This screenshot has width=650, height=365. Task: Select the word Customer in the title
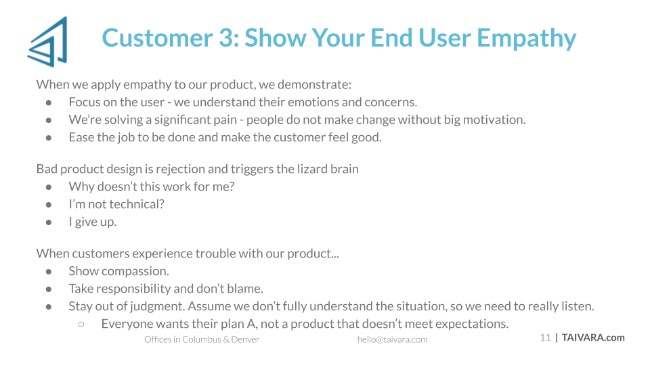[158, 38]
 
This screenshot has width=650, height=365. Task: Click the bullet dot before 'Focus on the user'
[49, 102]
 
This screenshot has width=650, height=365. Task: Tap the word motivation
[493, 120]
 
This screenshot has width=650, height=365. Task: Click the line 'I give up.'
[93, 222]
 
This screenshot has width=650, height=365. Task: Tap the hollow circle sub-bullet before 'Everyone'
[81, 324]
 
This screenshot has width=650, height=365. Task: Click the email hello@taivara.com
[392, 339]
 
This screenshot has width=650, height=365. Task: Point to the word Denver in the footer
[245, 339]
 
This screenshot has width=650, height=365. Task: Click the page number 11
[545, 338]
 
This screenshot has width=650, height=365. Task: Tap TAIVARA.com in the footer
[593, 338]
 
